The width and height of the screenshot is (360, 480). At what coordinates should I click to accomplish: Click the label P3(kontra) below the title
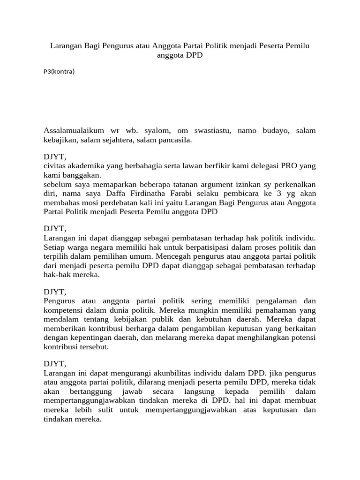coord(59,72)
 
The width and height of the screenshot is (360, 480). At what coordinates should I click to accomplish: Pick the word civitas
coord(54,166)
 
